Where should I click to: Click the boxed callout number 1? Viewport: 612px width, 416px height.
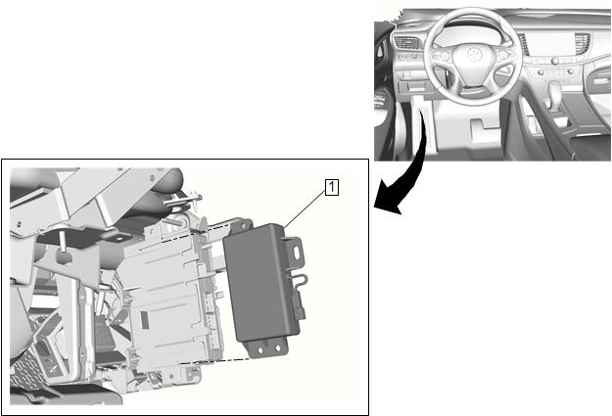click(332, 188)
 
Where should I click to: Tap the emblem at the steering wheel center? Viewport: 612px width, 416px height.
click(473, 54)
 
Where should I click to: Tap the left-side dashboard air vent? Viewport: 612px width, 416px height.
click(407, 42)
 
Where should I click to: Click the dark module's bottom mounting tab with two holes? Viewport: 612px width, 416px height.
click(267, 347)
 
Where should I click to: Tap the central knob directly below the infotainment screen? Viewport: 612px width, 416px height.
click(554, 61)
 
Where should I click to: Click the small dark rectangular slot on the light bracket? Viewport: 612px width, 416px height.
click(143, 319)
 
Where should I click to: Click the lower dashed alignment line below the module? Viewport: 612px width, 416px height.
click(215, 361)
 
